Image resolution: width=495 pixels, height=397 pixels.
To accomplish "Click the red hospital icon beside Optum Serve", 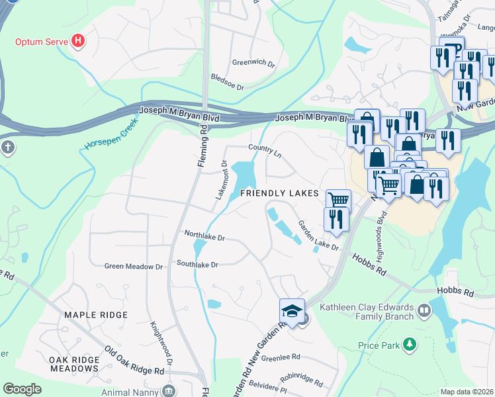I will coord(79,42).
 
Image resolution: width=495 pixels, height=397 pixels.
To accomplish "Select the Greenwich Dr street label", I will coord(253,63).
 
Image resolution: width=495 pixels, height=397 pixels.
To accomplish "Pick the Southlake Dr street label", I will coord(197,263).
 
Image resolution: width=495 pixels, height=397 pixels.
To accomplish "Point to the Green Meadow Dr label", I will coord(133,267).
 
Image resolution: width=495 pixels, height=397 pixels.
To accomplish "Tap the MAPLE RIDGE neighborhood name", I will coord(90,314).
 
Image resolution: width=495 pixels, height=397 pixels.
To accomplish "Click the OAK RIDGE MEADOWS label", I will coord(74,364).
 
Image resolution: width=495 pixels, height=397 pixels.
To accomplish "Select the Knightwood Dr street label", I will coord(161,343).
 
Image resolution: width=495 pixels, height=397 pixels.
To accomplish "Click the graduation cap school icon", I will coord(291,311).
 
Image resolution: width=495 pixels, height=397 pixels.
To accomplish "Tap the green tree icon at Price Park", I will coord(410,344).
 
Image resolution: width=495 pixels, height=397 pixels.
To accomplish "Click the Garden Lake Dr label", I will coord(318,236).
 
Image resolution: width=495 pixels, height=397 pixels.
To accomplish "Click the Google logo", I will coord(22,389).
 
